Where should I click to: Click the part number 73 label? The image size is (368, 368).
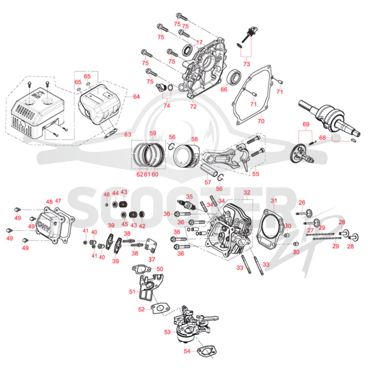pyautogui.click(x=247, y=64)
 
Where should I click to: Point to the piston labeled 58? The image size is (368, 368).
pyautogui.click(x=187, y=156)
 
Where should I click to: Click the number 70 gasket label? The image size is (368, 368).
pyautogui.click(x=261, y=121)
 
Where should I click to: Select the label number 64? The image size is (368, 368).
pyautogui.click(x=136, y=97)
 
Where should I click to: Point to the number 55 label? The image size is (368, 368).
pyautogui.click(x=256, y=174)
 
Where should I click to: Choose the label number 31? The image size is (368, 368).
pyautogui.click(x=274, y=201)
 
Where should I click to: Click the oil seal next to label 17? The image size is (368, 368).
pyautogui.click(x=188, y=50)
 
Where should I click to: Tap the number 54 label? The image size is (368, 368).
pyautogui.click(x=187, y=351)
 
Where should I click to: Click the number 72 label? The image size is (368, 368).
pyautogui.click(x=193, y=107)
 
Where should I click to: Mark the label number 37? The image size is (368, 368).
pyautogui.click(x=152, y=259)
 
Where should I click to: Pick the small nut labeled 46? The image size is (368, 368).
pyautogui.click(x=106, y=205)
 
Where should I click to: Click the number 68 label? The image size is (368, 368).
pyautogui.click(x=323, y=138)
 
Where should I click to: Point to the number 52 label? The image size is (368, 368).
pyautogui.click(x=142, y=310)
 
